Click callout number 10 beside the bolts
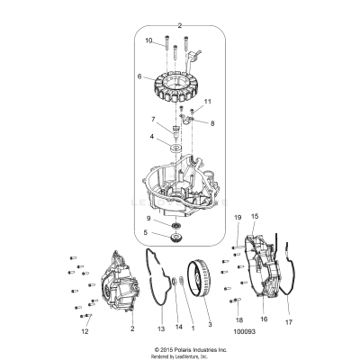pos(148,41)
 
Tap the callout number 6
pos(139,77)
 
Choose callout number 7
pos(153,119)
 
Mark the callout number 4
pos(152,138)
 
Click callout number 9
pos(148,220)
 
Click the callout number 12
pos(85,332)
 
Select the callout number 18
pos(239,319)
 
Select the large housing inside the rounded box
pos(180,176)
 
